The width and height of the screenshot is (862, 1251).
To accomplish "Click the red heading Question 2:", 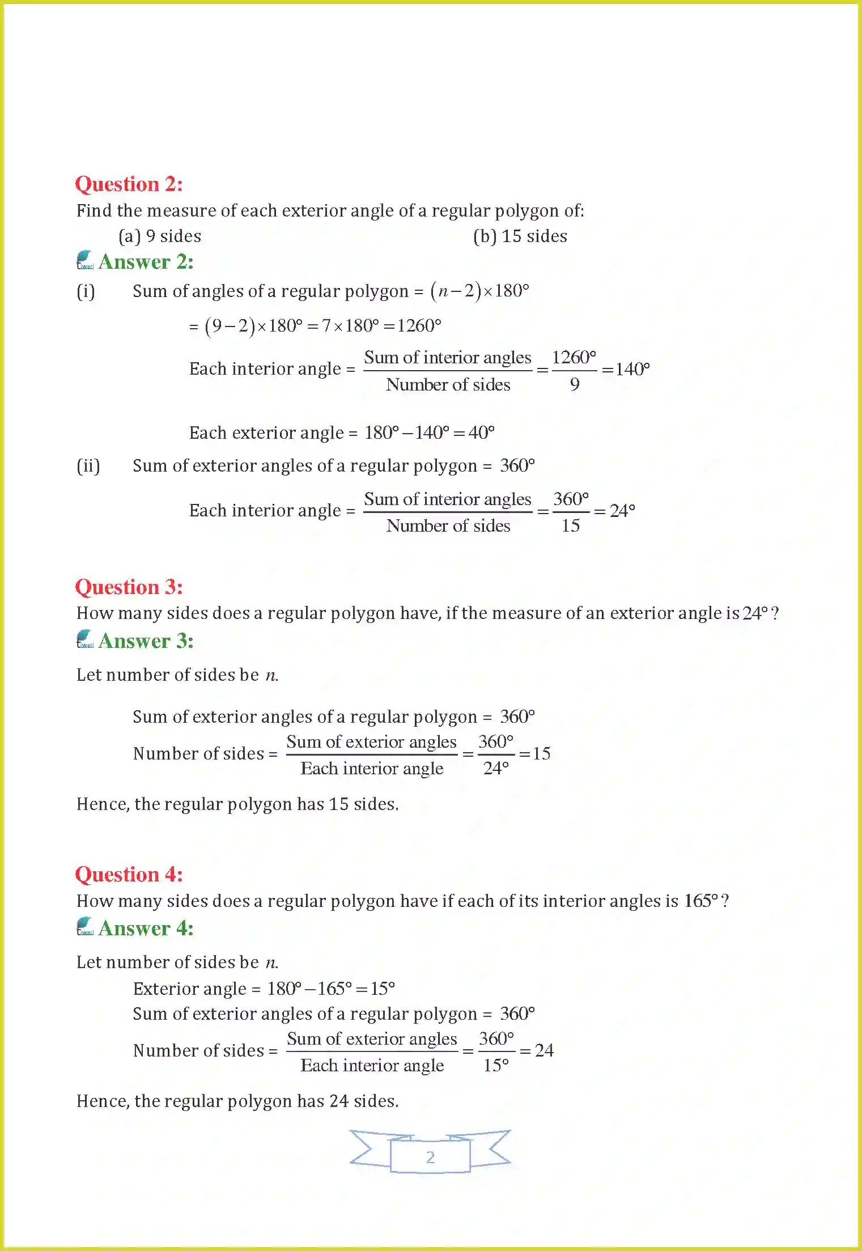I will click(x=129, y=184).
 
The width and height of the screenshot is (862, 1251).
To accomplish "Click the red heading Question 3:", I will click(x=129, y=587).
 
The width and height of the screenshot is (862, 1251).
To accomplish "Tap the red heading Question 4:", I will click(x=129, y=875).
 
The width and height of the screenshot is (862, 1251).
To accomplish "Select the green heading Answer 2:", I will click(x=146, y=262).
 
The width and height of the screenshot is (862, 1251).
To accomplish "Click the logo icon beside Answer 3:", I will click(x=85, y=639).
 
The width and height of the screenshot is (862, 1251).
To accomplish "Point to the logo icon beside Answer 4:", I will click(x=85, y=927).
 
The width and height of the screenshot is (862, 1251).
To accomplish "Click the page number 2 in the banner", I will click(x=430, y=1157).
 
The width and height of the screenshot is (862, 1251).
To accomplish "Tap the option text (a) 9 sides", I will click(x=160, y=236).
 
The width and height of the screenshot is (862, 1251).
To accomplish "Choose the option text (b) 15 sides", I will click(x=520, y=236).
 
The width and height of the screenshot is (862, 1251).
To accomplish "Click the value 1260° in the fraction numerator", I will click(x=574, y=358).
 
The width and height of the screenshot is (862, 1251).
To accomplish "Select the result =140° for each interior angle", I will click(x=626, y=370).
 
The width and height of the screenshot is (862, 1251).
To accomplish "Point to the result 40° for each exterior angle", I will click(x=481, y=433).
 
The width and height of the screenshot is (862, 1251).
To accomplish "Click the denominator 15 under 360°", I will click(x=570, y=526).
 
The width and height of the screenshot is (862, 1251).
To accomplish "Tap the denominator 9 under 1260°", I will click(x=574, y=385).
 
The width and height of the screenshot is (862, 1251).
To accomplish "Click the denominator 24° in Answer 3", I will click(x=495, y=769).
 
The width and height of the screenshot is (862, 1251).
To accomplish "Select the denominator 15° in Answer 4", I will click(x=495, y=1066).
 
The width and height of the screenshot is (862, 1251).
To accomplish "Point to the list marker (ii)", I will click(x=88, y=466).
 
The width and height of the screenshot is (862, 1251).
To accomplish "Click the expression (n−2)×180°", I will click(x=479, y=291).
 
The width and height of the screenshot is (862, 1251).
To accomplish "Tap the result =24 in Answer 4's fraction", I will click(x=537, y=1051).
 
